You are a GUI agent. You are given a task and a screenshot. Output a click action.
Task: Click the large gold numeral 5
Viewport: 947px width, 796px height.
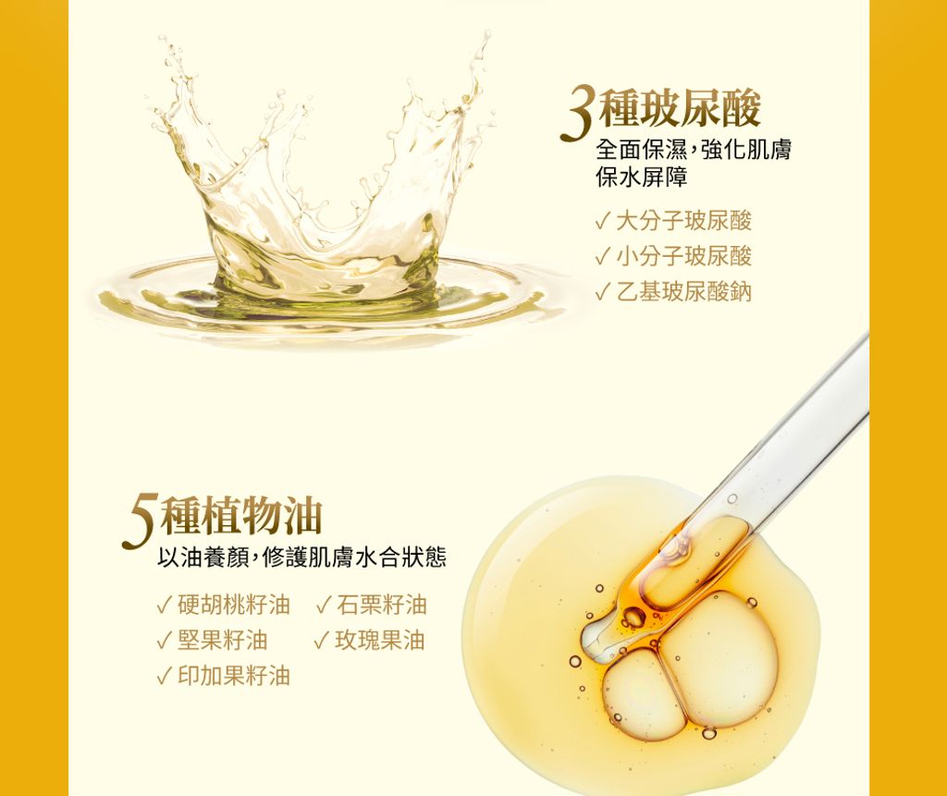(141, 521)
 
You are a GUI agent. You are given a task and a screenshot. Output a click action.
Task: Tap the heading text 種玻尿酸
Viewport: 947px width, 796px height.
(680, 108)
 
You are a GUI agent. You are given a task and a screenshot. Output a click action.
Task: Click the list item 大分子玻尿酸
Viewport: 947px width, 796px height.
(683, 221)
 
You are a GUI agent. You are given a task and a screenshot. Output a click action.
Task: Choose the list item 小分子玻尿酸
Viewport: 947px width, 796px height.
(683, 257)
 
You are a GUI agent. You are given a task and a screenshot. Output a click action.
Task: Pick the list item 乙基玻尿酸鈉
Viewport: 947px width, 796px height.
(683, 292)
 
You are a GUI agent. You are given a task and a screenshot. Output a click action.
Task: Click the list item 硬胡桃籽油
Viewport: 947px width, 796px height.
(234, 605)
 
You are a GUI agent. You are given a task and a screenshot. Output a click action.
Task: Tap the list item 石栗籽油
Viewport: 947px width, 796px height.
(382, 605)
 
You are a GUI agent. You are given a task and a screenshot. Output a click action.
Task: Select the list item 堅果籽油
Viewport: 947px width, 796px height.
(222, 640)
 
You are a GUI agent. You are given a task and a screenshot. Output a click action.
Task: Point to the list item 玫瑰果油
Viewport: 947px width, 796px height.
(380, 640)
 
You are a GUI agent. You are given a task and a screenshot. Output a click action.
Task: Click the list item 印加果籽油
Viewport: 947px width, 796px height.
(234, 676)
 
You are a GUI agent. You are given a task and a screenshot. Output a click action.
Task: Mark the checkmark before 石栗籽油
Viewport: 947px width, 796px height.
(324, 606)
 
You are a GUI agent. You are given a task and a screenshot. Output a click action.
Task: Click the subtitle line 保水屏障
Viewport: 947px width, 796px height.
(642, 177)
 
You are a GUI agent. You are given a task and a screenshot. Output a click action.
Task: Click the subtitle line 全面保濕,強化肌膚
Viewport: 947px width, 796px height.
(694, 149)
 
